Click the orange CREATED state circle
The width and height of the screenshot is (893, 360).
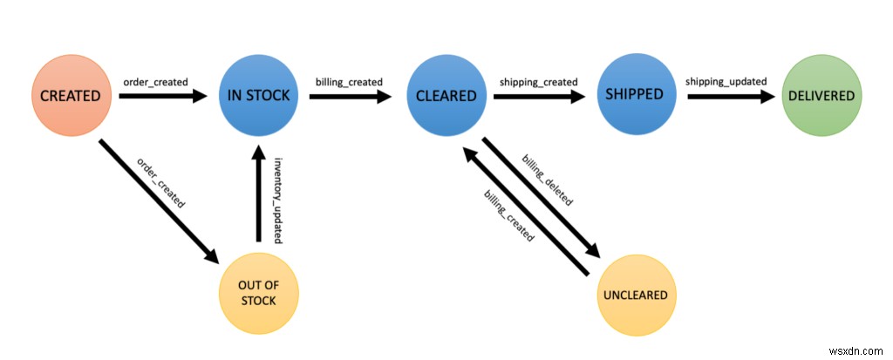pyautogui.click(x=71, y=96)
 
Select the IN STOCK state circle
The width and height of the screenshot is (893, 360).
pyautogui.click(x=259, y=96)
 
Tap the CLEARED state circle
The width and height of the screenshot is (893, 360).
pyautogui.click(x=446, y=96)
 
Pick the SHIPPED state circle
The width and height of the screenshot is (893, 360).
pyautogui.click(x=634, y=94)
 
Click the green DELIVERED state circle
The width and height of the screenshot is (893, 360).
pyautogui.click(x=821, y=96)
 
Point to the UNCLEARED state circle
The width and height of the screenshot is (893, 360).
pyautogui.click(x=635, y=295)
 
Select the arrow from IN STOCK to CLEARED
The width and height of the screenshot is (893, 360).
pyautogui.click(x=349, y=97)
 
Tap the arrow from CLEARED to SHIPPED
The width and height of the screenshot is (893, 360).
pyautogui.click(x=538, y=97)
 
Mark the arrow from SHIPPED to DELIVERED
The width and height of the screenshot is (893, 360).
pyautogui.click(x=730, y=97)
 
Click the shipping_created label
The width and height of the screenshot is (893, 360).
pyautogui.click(x=538, y=82)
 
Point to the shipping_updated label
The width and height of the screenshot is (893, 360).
pyautogui.click(x=726, y=82)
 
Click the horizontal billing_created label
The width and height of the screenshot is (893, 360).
pyautogui.click(x=349, y=82)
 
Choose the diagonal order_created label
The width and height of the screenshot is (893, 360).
pyautogui.click(x=161, y=181)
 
